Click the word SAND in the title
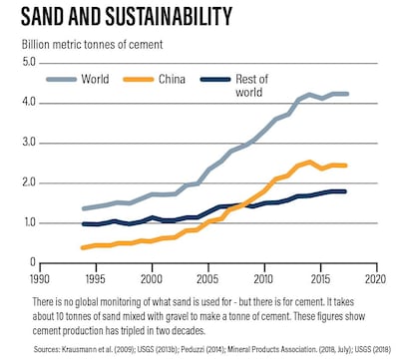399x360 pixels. (44, 17)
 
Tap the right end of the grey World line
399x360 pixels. (346, 94)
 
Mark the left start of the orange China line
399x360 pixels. (84, 247)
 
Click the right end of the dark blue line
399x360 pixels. (346, 191)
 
